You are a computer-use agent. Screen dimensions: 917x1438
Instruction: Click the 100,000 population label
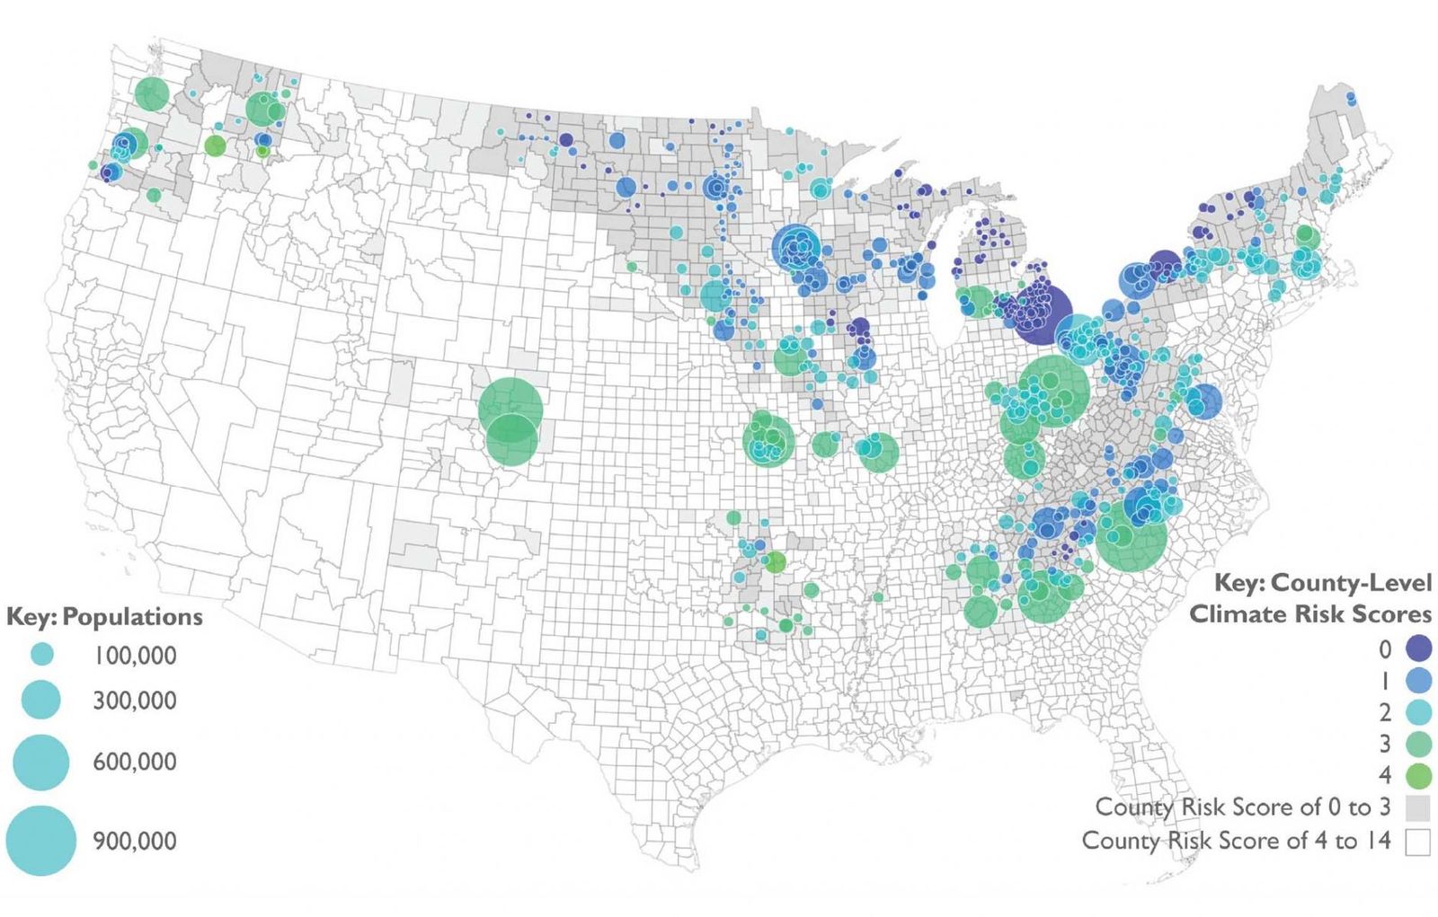click(135, 656)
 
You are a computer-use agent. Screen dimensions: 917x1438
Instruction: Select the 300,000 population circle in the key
click(41, 700)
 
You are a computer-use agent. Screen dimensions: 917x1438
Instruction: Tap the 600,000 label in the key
click(135, 762)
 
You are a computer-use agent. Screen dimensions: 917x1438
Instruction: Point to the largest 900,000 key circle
click(41, 841)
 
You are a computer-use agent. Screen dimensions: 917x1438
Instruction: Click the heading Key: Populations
click(104, 616)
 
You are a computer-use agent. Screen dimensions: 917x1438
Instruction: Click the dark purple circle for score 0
click(1418, 648)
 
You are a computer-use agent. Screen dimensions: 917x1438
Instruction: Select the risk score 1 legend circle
click(1418, 680)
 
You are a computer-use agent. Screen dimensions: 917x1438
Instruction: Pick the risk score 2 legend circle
click(1418, 712)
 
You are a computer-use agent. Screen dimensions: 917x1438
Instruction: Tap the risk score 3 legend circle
click(1418, 744)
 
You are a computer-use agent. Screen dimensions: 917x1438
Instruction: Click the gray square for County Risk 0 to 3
click(1418, 807)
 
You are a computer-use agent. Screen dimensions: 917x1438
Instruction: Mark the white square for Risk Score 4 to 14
click(1418, 842)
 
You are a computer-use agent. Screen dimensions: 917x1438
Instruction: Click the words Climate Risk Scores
click(1310, 614)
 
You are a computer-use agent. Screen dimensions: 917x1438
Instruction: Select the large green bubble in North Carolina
click(1132, 536)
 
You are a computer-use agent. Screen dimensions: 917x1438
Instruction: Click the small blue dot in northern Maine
click(1351, 97)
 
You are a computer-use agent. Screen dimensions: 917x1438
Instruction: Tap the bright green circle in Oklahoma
click(775, 563)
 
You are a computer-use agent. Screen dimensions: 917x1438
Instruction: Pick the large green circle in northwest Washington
click(153, 93)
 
